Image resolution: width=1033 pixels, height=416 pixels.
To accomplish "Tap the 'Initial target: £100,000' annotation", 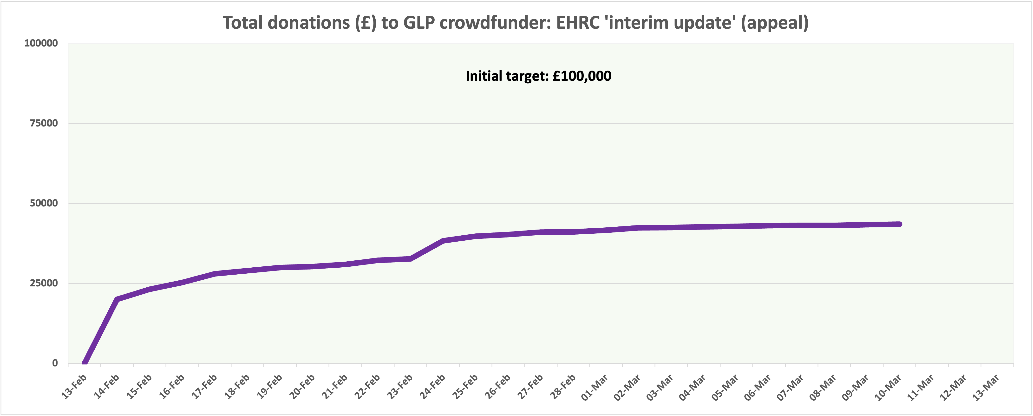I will [538, 76].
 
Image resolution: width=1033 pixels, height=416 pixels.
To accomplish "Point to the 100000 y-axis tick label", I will [41, 43].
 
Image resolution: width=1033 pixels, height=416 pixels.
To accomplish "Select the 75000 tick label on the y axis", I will [44, 123].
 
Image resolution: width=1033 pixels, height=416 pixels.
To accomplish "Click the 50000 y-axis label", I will [44, 203].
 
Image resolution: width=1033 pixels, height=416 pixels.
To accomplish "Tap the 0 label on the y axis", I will [55, 363].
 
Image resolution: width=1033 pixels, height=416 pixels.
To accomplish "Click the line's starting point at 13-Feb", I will [85, 363].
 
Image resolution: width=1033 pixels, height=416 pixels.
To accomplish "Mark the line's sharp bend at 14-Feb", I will [117, 299].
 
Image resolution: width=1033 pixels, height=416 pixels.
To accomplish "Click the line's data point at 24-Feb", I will [443, 241].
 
